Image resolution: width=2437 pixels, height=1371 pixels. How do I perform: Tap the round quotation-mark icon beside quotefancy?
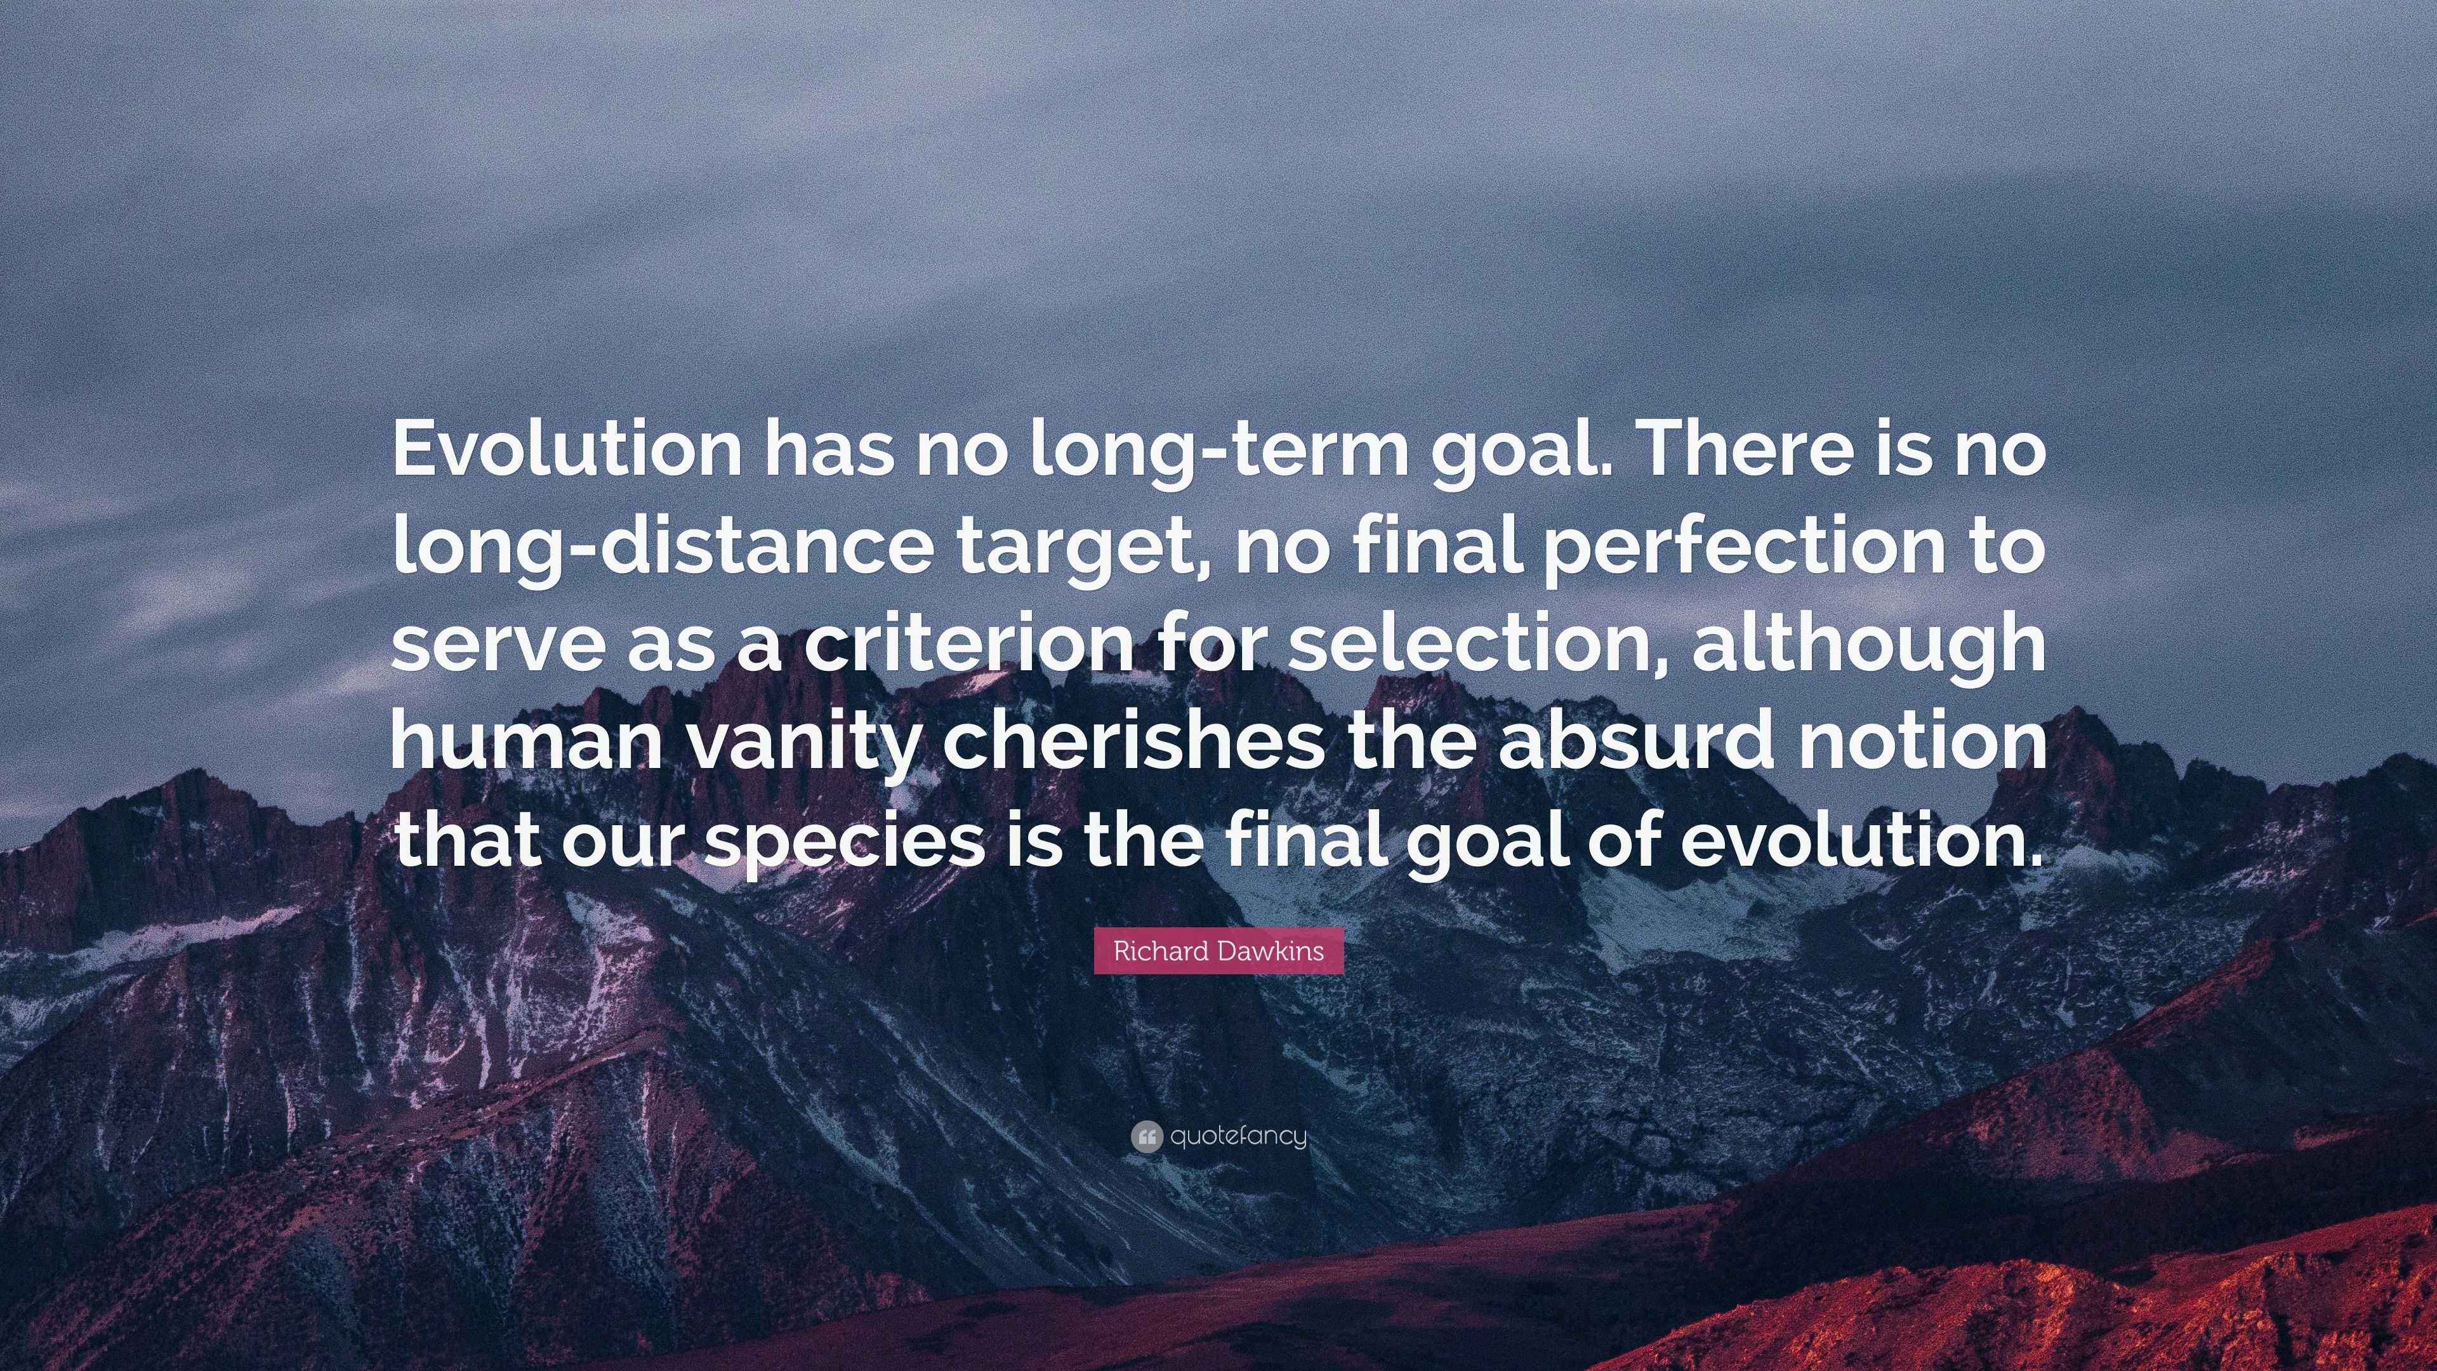click(x=1146, y=1136)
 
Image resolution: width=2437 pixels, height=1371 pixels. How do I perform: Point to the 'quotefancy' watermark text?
click(x=1238, y=1136)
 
